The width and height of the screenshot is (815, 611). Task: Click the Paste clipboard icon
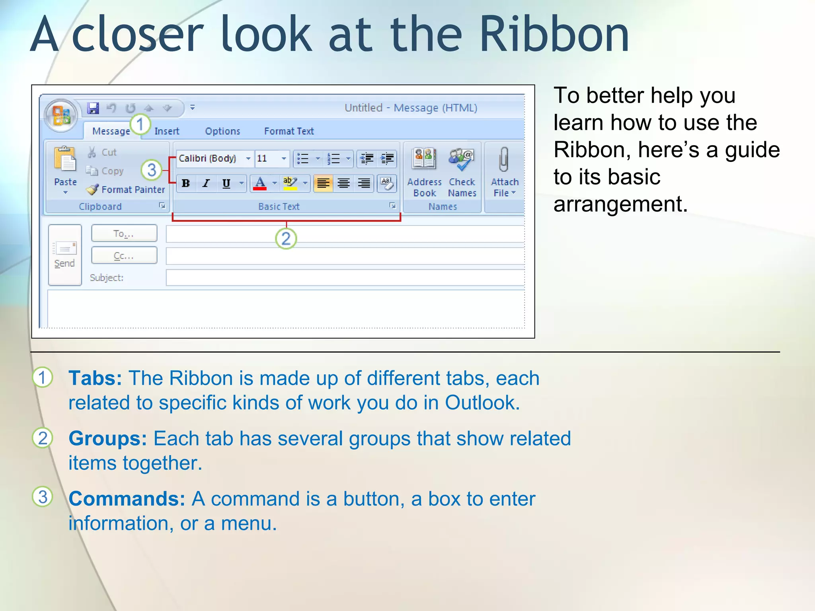click(65, 159)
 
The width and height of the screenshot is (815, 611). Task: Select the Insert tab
click(167, 131)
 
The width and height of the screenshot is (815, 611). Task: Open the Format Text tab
click(289, 131)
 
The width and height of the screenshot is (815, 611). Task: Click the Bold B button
click(186, 183)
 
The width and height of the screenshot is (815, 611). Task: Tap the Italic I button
click(206, 183)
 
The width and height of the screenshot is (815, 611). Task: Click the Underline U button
click(226, 183)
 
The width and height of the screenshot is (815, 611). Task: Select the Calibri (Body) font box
click(211, 158)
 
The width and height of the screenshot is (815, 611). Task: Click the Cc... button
click(124, 255)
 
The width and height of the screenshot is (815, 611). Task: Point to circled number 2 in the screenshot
click(286, 239)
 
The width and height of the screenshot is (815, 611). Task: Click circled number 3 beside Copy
click(151, 170)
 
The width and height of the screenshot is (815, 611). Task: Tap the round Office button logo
click(61, 115)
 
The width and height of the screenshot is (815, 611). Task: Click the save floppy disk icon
click(94, 108)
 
